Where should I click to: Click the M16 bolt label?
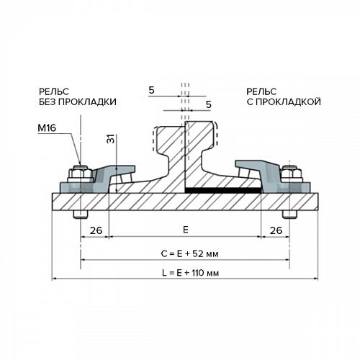[47, 128]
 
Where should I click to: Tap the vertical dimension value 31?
[111, 139]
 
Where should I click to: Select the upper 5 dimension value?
[151, 91]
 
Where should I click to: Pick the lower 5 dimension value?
[209, 104]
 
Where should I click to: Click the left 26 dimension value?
[96, 230]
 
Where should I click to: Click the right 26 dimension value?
[276, 230]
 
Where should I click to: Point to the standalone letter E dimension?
[186, 230]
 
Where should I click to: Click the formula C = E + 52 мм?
[189, 254]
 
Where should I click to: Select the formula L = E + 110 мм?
[191, 273]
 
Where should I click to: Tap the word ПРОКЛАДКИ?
[88, 102]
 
